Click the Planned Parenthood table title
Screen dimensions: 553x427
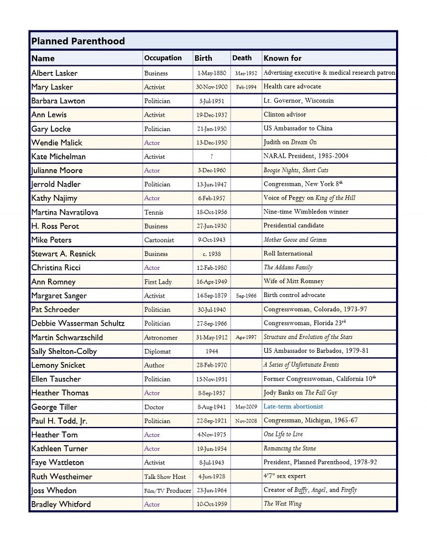pos(78,41)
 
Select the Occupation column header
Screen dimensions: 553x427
pos(163,58)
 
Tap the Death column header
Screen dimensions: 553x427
pos(242,58)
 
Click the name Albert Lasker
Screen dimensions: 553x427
pos(54,73)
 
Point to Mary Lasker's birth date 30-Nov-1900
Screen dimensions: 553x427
pos(211,87)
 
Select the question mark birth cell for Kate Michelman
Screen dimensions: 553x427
pos(211,156)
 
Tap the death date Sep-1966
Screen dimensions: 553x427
pos(246,296)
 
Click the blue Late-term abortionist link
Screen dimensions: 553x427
pos(293,406)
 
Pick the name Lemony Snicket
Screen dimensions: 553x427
pos(58,365)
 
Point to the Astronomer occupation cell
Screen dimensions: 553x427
pos(160,337)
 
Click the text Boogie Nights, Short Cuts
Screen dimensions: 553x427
pos(295,170)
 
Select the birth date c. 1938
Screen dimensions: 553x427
pos(211,254)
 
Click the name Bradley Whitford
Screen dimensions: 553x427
pos(61,504)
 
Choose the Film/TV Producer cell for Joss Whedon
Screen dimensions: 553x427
pos(167,490)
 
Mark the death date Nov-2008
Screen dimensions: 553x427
pos(246,421)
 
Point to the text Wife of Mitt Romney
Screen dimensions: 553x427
pos(294,281)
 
